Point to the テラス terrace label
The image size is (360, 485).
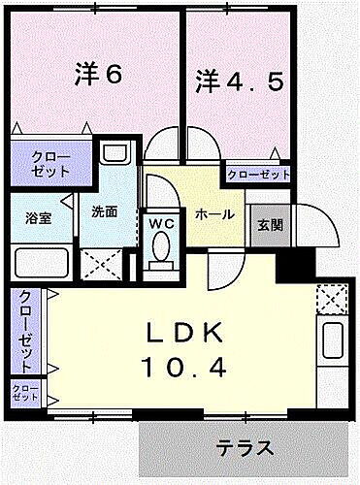click(243, 448)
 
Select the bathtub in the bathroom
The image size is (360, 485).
click(40, 263)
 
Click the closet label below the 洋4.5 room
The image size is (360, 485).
click(259, 175)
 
